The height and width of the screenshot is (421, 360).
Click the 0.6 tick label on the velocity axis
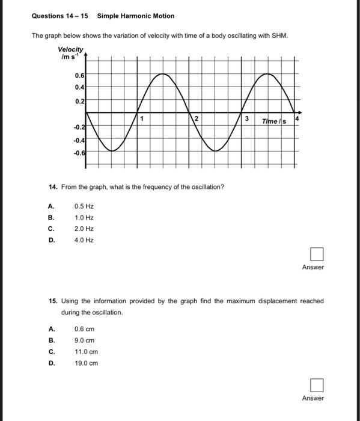[80, 76]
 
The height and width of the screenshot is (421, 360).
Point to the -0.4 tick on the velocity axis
[79, 140]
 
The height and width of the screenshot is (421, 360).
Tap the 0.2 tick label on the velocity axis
[80, 101]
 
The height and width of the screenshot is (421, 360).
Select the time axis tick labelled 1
[142, 118]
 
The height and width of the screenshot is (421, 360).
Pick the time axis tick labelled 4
[297, 118]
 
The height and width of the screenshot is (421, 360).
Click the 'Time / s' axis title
[274, 121]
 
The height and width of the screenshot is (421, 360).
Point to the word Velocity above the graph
[71, 49]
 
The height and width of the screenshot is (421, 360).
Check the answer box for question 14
[317, 254]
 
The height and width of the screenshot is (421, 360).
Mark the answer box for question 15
[317, 385]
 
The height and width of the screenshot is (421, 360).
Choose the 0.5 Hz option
[84, 206]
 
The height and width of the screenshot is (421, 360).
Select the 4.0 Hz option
[84, 240]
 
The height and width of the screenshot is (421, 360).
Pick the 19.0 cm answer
[86, 363]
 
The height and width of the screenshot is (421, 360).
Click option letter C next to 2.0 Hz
[51, 229]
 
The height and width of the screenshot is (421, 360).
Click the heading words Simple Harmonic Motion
[136, 16]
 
